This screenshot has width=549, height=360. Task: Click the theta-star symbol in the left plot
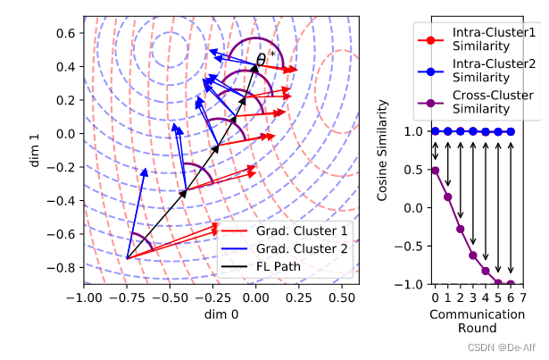(x=265, y=59)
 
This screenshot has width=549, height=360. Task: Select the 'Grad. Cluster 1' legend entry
(x=300, y=231)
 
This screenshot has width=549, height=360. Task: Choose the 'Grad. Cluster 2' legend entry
(x=300, y=248)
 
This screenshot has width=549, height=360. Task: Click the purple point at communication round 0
(x=435, y=170)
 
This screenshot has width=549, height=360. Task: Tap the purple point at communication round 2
(x=461, y=229)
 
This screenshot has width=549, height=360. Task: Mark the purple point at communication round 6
(x=511, y=284)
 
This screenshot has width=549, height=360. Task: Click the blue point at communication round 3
(x=473, y=131)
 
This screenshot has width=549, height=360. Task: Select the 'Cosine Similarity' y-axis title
(x=383, y=156)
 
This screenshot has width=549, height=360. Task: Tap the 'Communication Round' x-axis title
(x=471, y=322)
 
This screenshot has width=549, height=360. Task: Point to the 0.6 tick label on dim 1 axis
(x=63, y=33)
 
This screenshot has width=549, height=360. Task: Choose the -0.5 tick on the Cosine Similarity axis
(x=409, y=246)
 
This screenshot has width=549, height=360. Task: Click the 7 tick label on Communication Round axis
(x=523, y=297)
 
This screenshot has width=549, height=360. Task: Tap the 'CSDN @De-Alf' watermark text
(x=505, y=347)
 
